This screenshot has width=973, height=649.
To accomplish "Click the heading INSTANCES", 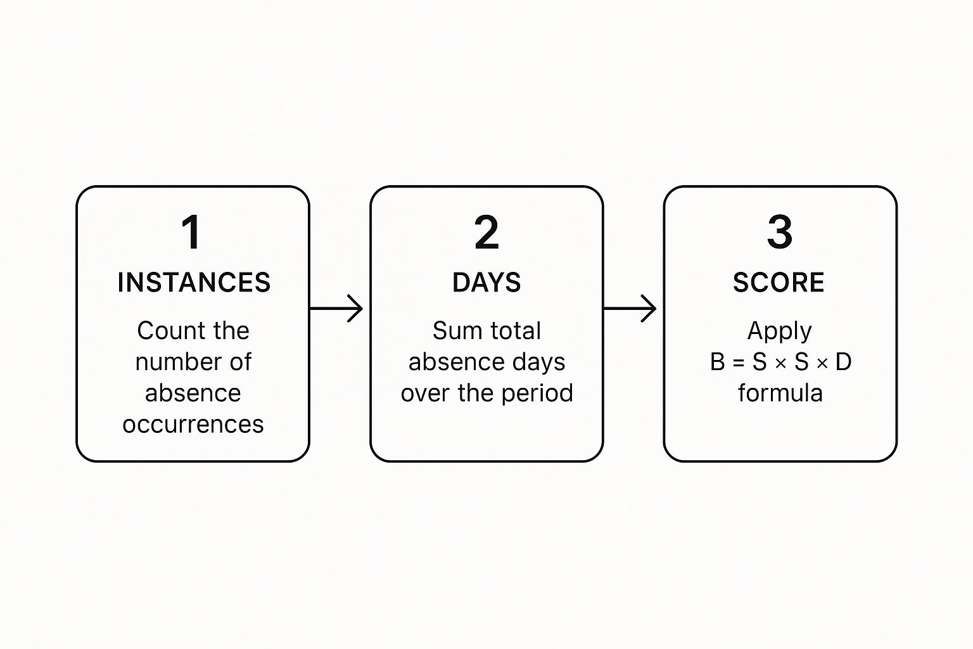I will pos(194,283).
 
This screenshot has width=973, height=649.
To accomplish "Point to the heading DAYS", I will pos(486,283).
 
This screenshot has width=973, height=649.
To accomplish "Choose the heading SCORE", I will pos(779,283).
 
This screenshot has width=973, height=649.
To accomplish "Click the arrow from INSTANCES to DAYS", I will pos(336,309).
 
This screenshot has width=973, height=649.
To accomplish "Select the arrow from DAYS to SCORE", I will pos(630,309).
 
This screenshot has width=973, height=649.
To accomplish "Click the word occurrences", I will pos(193,424).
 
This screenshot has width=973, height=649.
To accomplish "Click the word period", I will pos(541,393).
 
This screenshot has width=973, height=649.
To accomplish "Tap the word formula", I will pos(780,393).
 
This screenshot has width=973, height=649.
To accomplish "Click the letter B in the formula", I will pos(718,362).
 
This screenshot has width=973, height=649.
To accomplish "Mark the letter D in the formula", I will pos(843,362).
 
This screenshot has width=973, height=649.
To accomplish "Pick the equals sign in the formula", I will pos(738,363).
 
